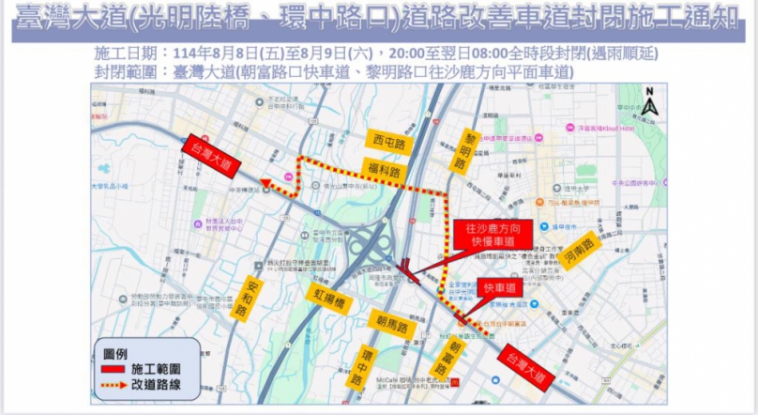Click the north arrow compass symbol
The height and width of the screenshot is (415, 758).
(649, 102)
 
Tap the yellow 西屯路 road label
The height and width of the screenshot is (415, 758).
(388, 144)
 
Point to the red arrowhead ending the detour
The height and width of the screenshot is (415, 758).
(267, 185)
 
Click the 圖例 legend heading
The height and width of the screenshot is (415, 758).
(115, 352)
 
